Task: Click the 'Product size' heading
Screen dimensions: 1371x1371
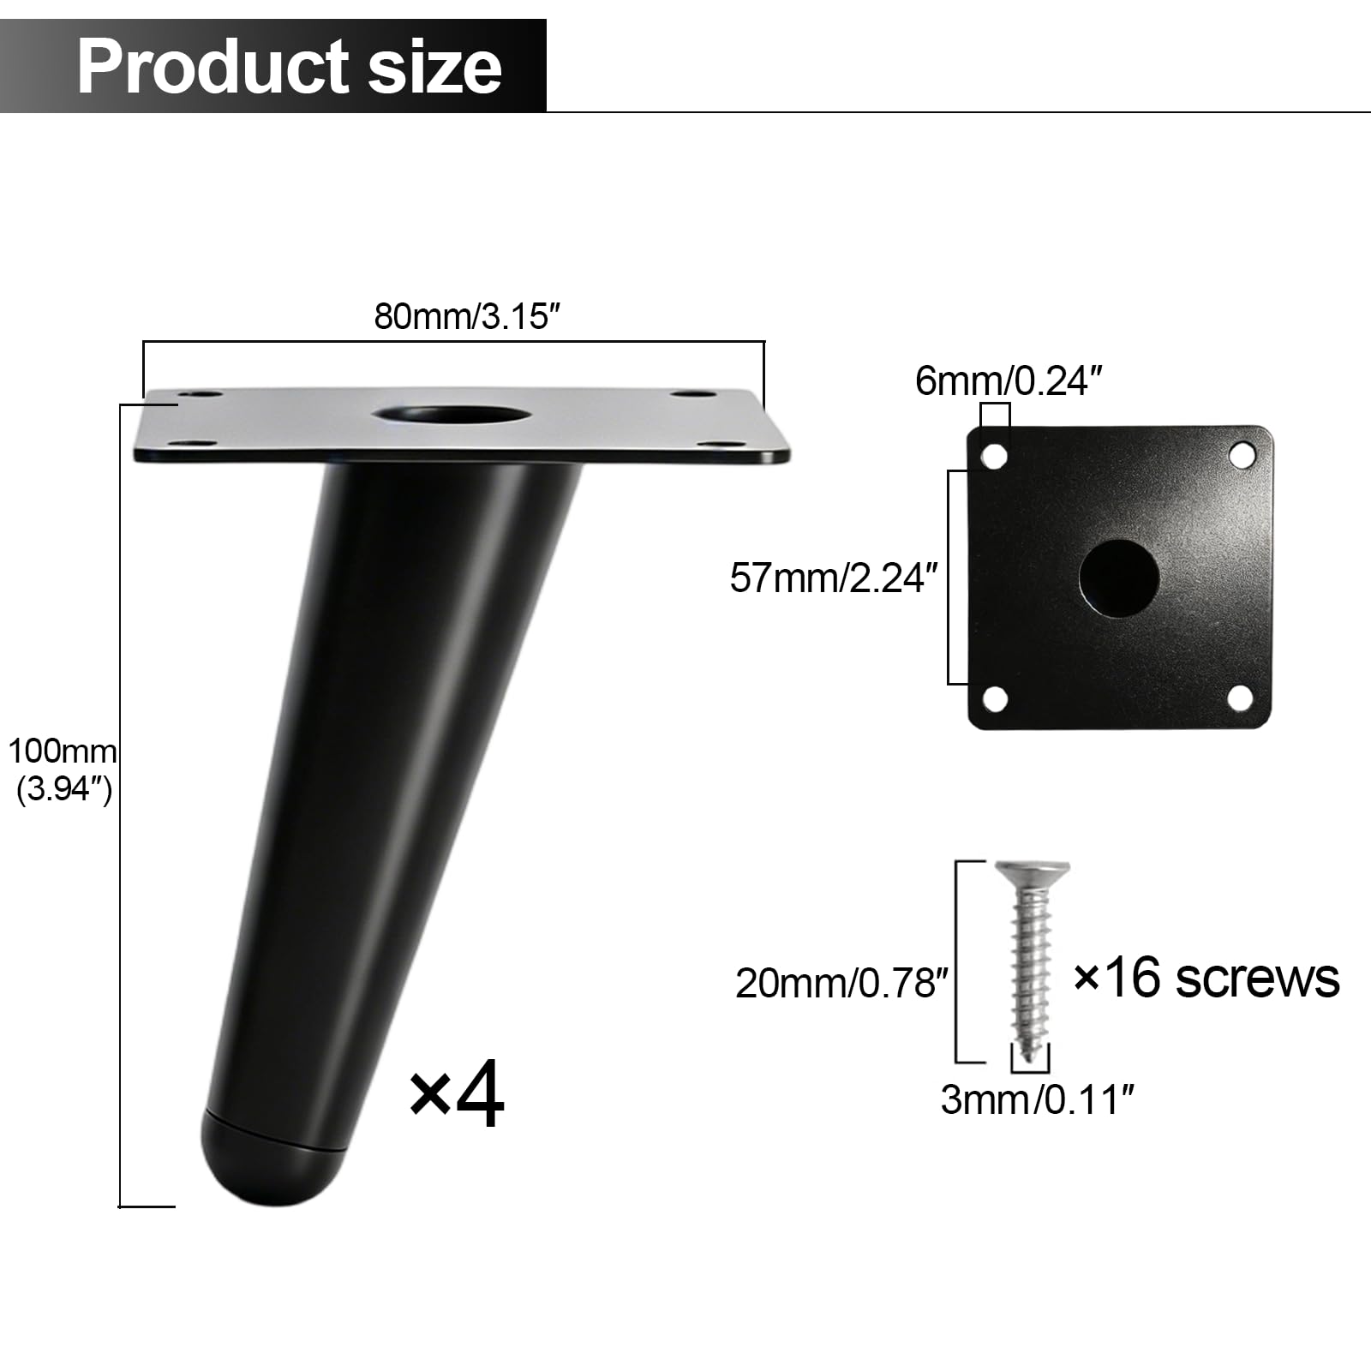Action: click(290, 66)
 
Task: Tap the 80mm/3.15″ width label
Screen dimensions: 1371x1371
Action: click(467, 316)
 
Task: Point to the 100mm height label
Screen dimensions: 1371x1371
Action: click(62, 751)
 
